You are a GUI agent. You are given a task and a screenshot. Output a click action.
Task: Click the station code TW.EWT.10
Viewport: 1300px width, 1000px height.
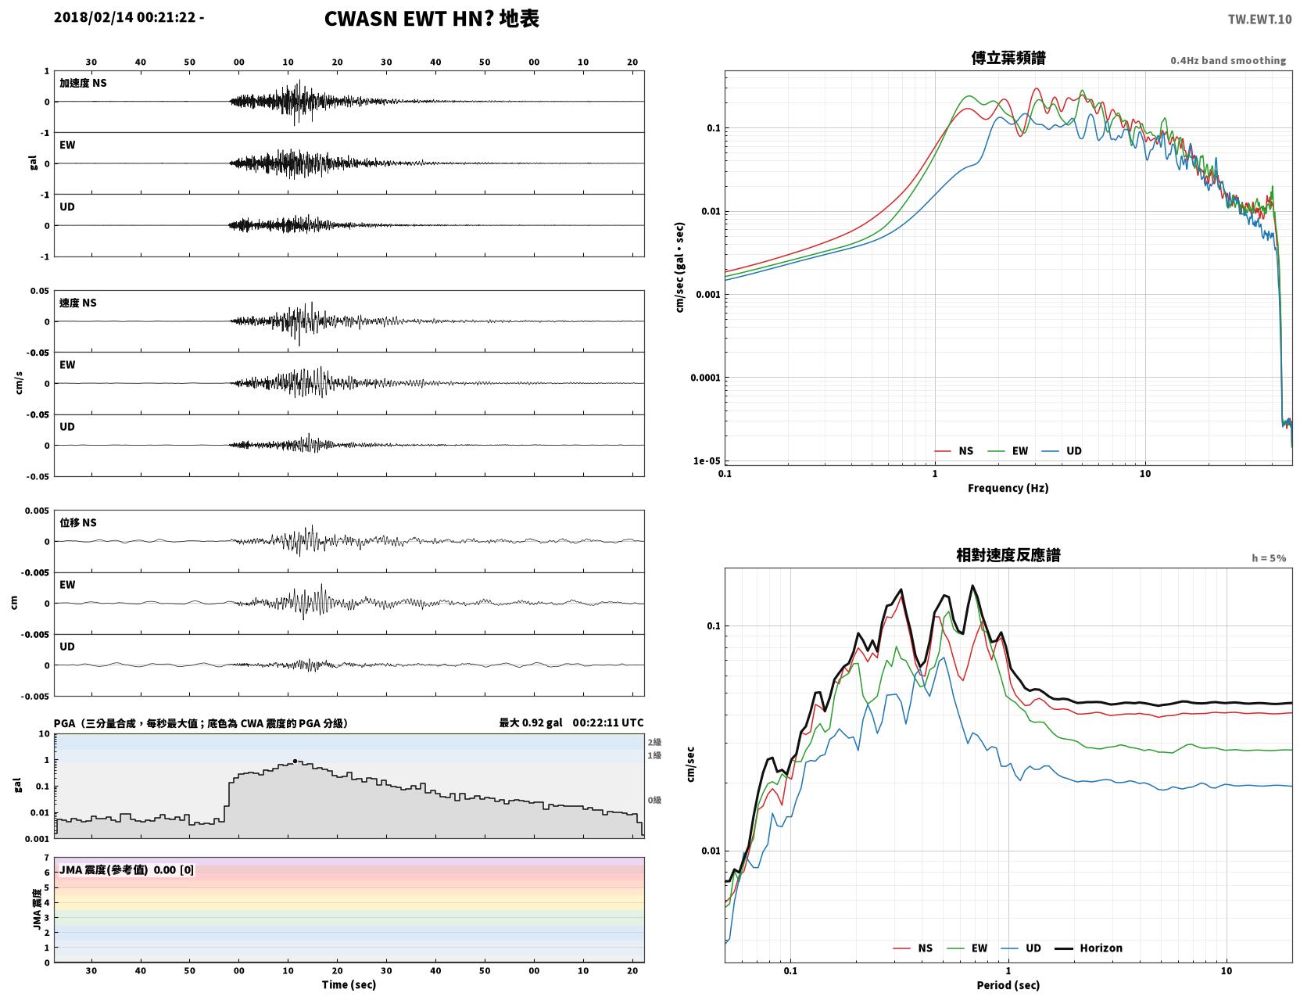point(1259,19)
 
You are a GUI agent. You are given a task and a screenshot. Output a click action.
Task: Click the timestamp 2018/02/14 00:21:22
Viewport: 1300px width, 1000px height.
point(125,17)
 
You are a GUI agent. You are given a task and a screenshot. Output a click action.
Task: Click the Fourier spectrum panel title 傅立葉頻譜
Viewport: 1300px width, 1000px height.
point(1008,58)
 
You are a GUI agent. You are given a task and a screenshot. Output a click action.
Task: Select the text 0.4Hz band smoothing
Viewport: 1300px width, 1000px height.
point(1227,60)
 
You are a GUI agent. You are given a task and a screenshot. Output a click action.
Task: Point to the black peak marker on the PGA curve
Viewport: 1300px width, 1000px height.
point(295,762)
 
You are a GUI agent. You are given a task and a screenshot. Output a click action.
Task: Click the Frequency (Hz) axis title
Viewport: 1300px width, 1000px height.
point(1008,488)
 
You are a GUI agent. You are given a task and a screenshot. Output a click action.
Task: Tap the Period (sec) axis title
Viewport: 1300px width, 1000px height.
point(1008,985)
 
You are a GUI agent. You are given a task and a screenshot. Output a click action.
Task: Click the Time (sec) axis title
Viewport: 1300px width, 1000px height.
point(349,984)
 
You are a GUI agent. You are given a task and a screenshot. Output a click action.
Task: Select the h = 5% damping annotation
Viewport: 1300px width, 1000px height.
point(1268,558)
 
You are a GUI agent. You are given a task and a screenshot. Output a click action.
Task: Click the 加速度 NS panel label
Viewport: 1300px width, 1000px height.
point(83,83)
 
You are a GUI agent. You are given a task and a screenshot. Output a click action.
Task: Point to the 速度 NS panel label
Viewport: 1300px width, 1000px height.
point(77,303)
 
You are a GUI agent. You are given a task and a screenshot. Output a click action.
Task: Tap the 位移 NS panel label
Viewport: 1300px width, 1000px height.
point(77,523)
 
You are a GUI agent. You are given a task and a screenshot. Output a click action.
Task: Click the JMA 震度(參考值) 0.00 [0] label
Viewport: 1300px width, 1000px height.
point(126,869)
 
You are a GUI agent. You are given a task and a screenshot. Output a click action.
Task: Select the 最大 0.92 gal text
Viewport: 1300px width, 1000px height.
point(531,722)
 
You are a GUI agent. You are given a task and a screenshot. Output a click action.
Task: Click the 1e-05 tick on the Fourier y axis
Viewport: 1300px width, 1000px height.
point(707,461)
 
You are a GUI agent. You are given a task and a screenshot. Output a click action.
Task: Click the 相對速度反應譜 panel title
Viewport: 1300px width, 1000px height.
point(1008,555)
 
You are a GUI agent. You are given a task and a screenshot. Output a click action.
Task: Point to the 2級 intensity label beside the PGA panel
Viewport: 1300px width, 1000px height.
point(654,742)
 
